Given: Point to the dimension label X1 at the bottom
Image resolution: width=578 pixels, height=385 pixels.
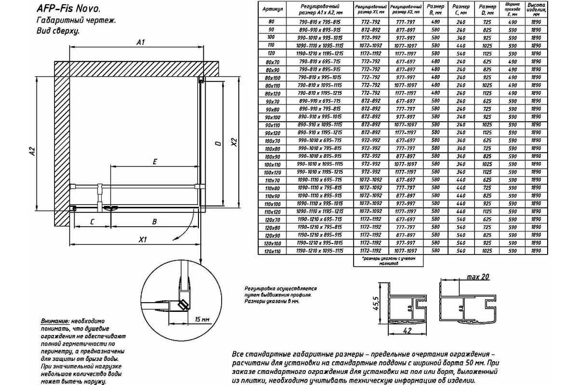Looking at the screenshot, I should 142,239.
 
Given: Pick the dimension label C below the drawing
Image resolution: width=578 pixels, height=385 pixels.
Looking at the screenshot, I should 91,222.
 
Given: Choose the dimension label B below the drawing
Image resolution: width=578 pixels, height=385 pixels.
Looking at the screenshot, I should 154,222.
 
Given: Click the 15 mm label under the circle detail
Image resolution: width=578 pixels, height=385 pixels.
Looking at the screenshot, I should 203,320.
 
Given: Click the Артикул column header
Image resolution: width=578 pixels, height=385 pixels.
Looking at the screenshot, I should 272,9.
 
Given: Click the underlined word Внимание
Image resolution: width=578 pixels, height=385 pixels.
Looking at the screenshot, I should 55,321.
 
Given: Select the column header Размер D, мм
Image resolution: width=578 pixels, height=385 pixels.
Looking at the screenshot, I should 488,10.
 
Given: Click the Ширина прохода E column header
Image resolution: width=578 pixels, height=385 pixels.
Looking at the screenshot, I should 512,10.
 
